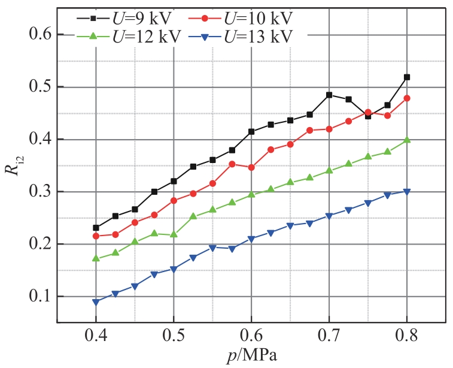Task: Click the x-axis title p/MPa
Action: coord(251,355)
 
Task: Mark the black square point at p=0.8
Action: coord(407,77)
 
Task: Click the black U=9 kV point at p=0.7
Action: coord(329,95)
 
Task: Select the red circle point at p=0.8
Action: coord(407,98)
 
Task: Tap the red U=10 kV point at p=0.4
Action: coord(96,236)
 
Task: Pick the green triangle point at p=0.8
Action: coord(407,140)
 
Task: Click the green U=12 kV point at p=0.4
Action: coord(96,258)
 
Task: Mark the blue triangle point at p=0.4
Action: coord(96,302)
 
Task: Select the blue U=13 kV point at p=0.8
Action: coord(407,192)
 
